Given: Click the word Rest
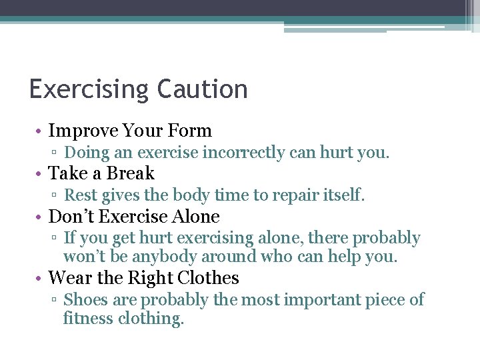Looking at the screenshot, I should [80, 195].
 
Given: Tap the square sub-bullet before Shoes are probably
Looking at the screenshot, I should [56, 301].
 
